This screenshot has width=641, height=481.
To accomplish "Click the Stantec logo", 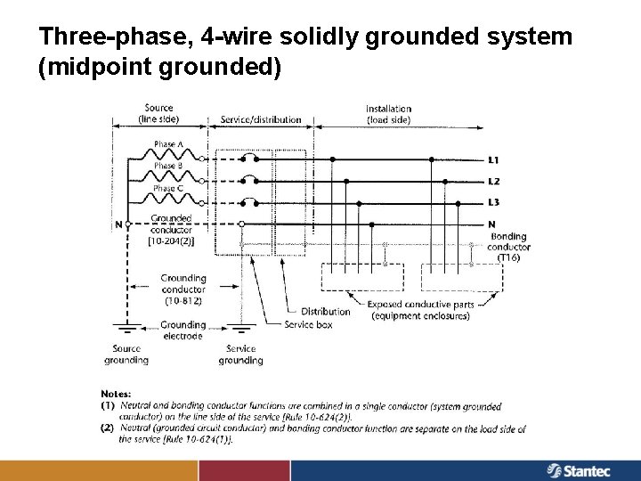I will click(582, 469).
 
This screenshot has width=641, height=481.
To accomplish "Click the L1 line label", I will click(493, 160).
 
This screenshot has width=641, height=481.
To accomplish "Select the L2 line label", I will click(493, 182).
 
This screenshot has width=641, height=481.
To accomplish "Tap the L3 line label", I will click(493, 202).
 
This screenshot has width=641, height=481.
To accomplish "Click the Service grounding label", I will click(240, 355).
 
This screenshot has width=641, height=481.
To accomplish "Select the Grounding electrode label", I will click(183, 330).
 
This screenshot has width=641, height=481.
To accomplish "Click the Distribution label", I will click(325, 312).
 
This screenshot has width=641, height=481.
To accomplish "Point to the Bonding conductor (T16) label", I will click(509, 247).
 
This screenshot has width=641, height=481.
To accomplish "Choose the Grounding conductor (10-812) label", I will click(183, 289).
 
